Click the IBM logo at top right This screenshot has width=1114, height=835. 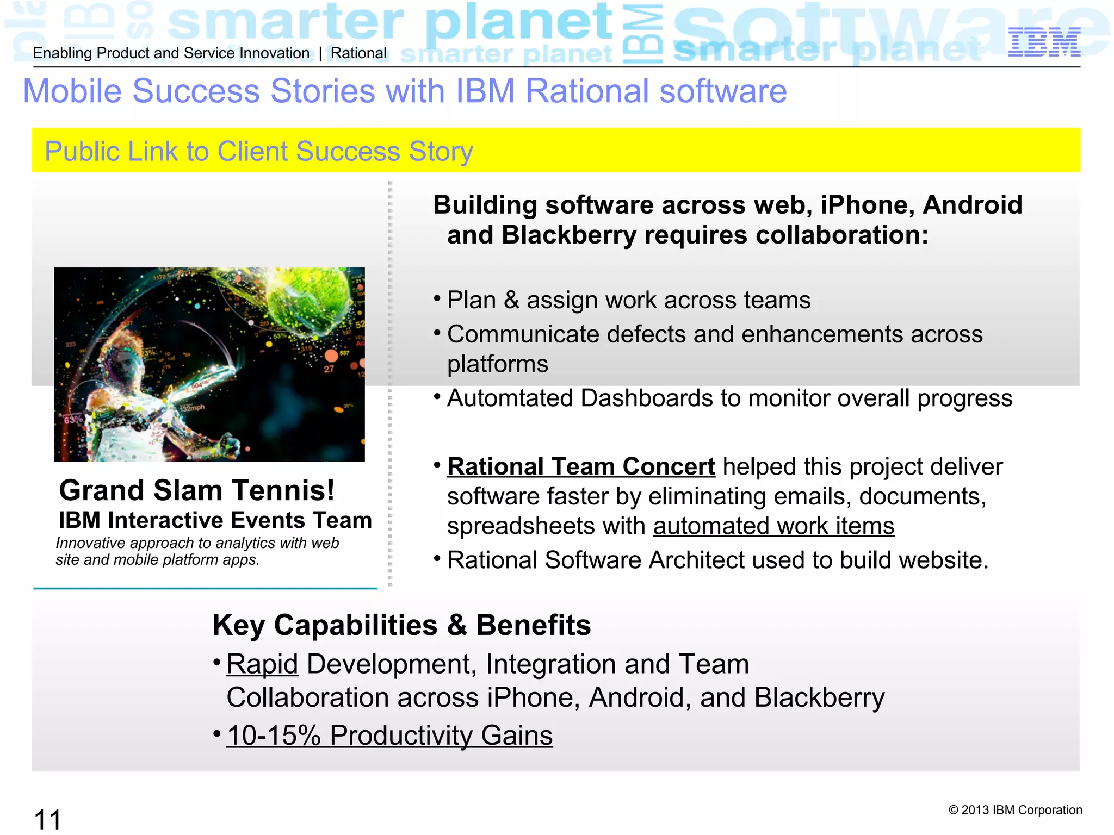[x=1044, y=42]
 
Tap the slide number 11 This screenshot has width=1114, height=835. [x=47, y=819]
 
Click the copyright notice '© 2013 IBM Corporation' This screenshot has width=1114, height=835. [x=1015, y=810]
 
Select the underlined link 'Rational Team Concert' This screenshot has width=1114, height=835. [x=580, y=467]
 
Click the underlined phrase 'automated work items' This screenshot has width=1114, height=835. [x=773, y=526]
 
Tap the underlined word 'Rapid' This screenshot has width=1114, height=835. [x=262, y=664]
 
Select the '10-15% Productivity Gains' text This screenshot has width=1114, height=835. [x=389, y=736]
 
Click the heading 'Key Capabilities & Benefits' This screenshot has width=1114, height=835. [x=401, y=625]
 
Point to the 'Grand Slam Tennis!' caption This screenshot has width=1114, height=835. [x=196, y=490]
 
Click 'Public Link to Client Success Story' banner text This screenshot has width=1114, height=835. [x=258, y=151]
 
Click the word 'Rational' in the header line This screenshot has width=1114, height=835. [x=358, y=53]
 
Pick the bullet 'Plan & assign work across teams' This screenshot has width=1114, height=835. [x=628, y=300]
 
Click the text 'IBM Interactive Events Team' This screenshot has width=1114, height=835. [x=215, y=520]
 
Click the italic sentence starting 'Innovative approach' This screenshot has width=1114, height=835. [x=197, y=551]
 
